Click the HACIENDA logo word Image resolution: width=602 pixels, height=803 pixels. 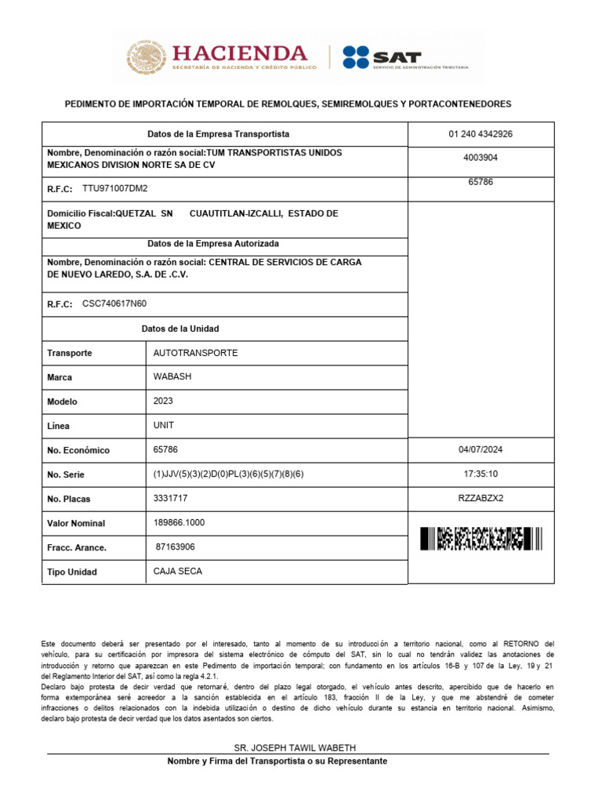point(239,53)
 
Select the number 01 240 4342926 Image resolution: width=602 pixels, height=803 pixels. point(481,134)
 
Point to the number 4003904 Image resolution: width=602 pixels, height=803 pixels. point(481,158)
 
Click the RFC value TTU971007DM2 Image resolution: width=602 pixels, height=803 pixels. point(114,189)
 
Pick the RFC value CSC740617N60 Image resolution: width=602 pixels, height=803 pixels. point(114,304)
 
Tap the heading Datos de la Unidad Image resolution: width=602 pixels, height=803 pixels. point(180,329)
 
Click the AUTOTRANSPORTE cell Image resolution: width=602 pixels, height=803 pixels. point(195,353)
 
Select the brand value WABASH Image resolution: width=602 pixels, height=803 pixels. point(172,376)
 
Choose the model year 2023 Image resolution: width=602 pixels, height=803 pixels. point(163,401)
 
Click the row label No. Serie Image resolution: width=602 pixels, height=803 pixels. point(66,474)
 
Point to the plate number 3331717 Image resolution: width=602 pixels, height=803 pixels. point(170,498)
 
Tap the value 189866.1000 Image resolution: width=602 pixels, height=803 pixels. point(180,522)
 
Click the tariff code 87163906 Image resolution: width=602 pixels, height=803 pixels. point(176,547)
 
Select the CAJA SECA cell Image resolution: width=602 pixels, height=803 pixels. point(178,571)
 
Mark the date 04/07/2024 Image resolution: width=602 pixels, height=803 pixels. point(481,450)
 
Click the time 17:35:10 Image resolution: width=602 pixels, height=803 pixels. point(481,474)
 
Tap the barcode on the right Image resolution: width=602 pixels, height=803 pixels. point(481,539)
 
